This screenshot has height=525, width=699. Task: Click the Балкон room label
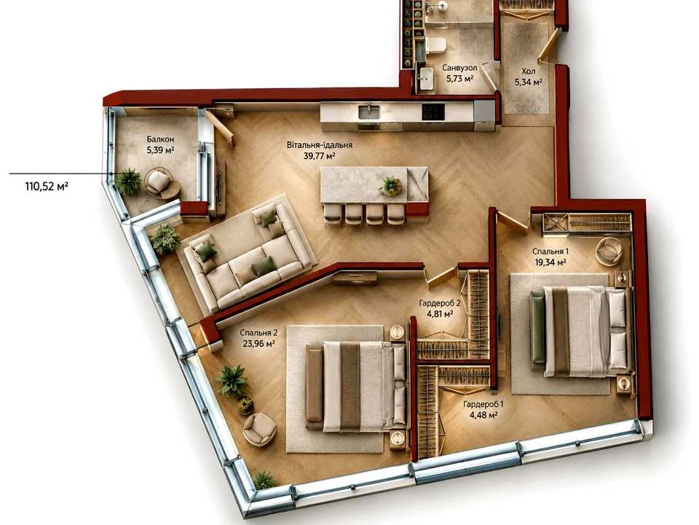tap(160, 139)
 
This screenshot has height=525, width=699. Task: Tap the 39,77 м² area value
tap(319, 156)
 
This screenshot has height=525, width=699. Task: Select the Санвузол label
tap(459, 68)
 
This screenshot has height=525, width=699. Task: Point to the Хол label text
tap(529, 71)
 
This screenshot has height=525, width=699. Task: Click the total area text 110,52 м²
tap(47, 186)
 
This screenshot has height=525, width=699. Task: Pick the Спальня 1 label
tap(550, 252)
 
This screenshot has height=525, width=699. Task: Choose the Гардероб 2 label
tap(440, 303)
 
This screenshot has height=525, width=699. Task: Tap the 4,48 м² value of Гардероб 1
tap(483, 415)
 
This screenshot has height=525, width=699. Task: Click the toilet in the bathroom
tap(435, 45)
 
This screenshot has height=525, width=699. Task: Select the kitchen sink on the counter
tap(369, 112)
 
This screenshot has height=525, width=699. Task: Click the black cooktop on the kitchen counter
tap(433, 112)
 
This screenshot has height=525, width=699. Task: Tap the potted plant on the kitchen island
tap(391, 186)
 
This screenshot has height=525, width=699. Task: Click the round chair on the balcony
tap(160, 182)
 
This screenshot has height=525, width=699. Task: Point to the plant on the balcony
tap(129, 182)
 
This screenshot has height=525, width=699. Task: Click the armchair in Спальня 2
tap(259, 429)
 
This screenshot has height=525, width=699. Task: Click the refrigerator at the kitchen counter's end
tap(484, 115)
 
